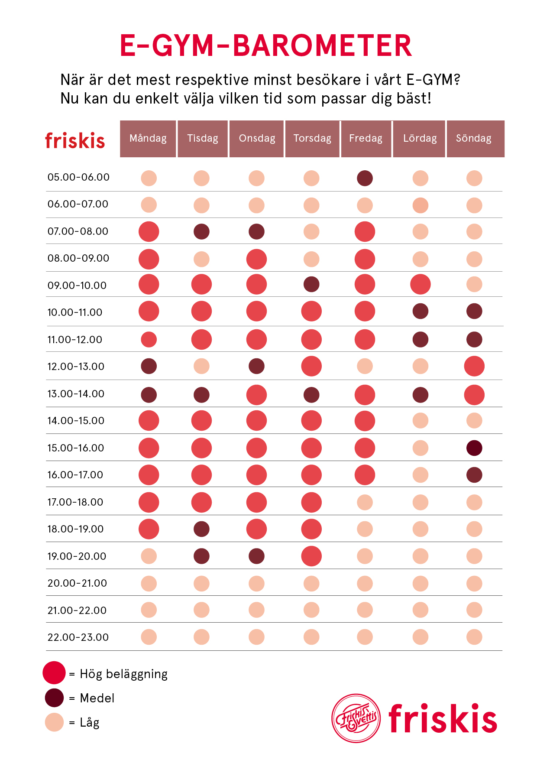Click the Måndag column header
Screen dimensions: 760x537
pyautogui.click(x=148, y=139)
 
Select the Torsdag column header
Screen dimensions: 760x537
pyautogui.click(x=312, y=139)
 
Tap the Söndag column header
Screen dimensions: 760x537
pyautogui.click(x=475, y=139)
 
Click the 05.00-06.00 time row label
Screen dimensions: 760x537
pyautogui.click(x=78, y=177)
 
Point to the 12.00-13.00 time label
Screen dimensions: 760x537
pyautogui.click(x=76, y=367)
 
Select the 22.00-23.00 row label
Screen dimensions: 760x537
pyautogui.click(x=78, y=637)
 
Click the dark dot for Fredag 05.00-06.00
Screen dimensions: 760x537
pyautogui.click(x=365, y=178)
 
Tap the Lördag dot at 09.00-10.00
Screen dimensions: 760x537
pyautogui.click(x=420, y=285)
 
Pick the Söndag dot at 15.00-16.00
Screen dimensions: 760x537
pyautogui.click(x=474, y=448)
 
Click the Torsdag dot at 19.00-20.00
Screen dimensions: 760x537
pyautogui.click(x=311, y=556)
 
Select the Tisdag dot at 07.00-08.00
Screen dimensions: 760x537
pyautogui.click(x=201, y=231)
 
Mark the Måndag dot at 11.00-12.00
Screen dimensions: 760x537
pyautogui.click(x=149, y=340)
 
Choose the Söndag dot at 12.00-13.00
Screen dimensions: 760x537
pyautogui.click(x=474, y=366)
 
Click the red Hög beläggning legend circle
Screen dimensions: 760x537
pyautogui.click(x=54, y=673)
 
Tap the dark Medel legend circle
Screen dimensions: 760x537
pyautogui.click(x=54, y=698)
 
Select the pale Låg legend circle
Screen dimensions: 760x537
pyautogui.click(x=54, y=722)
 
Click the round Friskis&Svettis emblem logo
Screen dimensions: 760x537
pyautogui.click(x=356, y=718)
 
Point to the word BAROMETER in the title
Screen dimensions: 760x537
pyautogui.click(x=322, y=46)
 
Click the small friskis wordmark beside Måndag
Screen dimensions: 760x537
pyautogui.click(x=75, y=141)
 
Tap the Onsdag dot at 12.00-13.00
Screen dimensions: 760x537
pyautogui.click(x=256, y=366)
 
